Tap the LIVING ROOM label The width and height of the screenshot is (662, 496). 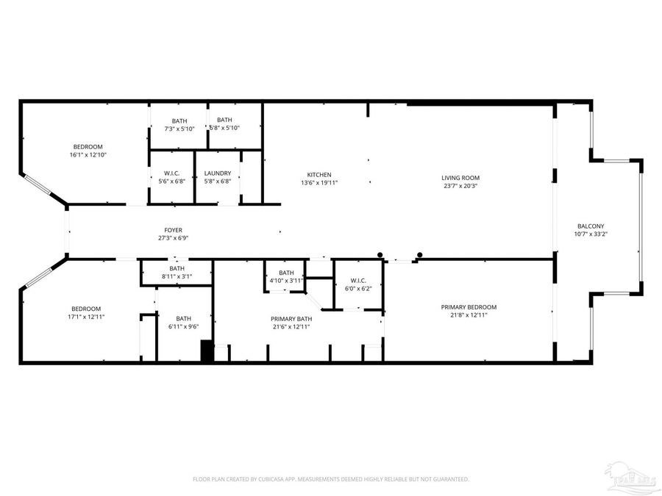pos(460,178)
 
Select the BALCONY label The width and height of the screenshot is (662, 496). pos(590,226)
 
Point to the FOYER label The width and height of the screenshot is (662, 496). pos(173,230)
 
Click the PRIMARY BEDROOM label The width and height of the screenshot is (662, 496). pos(469,307)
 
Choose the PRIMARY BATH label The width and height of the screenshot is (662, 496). pos(290,318)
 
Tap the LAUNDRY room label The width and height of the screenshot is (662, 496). pos(218,173)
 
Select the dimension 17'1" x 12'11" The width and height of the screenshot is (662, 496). pos(86,317)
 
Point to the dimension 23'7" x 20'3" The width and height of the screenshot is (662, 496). pos(460,186)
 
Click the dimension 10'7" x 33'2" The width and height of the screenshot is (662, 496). pos(590,234)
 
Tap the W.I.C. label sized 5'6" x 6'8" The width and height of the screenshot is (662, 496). pos(172,173)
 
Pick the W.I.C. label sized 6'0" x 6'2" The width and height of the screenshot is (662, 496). pos(358,280)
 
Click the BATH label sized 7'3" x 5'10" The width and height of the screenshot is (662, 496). pos(179,121)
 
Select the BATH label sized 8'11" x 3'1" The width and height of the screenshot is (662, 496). pos(177,268)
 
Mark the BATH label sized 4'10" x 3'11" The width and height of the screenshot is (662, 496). pos(285,273)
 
